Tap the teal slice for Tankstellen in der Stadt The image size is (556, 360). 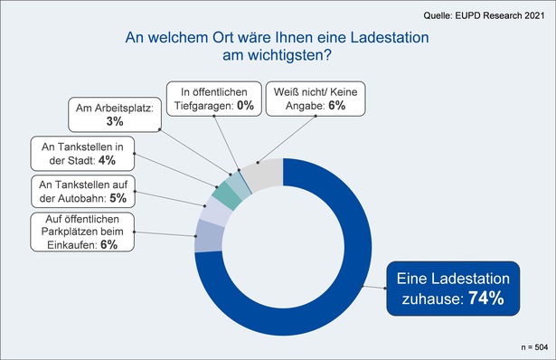(229, 196)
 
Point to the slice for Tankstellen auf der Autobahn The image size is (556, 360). (217, 213)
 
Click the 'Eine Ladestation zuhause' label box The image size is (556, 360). (454, 288)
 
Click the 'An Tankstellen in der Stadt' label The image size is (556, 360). (82, 152)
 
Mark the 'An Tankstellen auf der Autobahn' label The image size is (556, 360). (82, 191)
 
